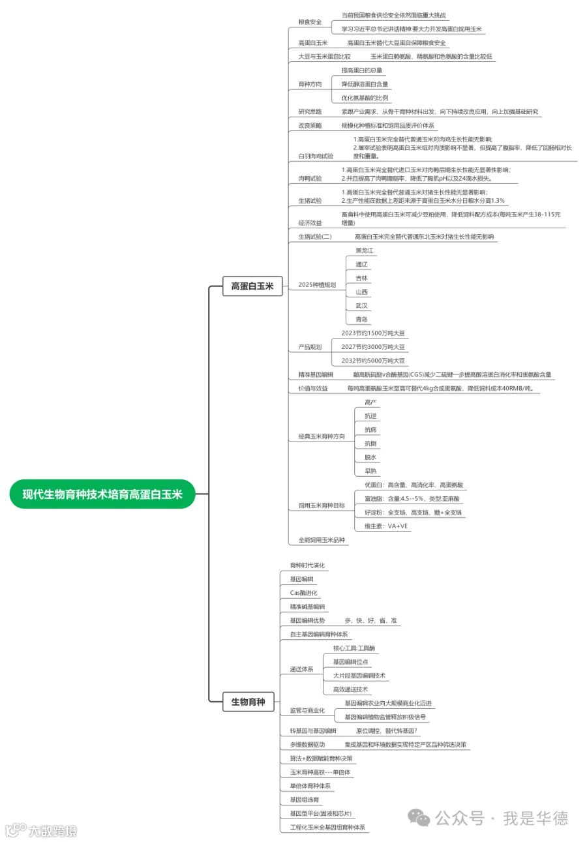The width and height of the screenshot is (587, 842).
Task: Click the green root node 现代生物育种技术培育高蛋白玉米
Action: tap(102, 494)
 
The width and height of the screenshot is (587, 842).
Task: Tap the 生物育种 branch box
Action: tap(248, 702)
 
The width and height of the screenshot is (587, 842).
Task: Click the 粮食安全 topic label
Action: tap(310, 22)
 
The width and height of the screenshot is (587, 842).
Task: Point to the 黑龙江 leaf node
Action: tap(365, 250)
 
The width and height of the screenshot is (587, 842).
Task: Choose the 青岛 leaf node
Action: tap(361, 320)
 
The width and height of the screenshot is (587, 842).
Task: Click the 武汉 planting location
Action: tap(361, 306)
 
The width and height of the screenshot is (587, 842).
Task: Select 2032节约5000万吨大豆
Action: tap(372, 361)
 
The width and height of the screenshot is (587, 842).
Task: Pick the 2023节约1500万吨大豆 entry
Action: tap(372, 333)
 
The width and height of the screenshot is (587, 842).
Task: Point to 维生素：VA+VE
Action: tap(386, 526)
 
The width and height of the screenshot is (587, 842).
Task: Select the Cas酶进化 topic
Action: tap(303, 593)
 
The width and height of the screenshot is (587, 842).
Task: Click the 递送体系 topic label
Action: tap(301, 669)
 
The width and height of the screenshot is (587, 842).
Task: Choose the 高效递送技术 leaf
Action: tap(350, 689)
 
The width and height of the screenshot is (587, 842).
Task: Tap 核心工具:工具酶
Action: tap(354, 648)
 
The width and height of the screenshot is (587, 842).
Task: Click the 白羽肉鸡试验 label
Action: tap(315, 157)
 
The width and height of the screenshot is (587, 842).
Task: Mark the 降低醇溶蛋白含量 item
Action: tap(365, 84)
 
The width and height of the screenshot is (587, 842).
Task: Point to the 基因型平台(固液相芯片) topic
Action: tap(320, 813)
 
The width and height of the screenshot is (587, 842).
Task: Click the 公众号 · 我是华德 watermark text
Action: tap(502, 817)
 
